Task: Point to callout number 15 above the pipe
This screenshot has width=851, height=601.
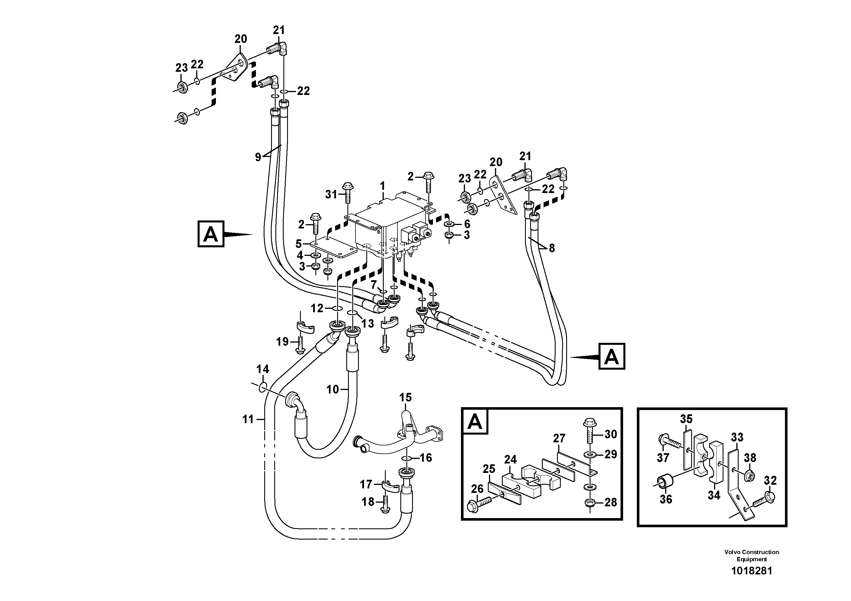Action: pos(405,398)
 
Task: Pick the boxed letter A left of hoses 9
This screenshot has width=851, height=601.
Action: pos(210,234)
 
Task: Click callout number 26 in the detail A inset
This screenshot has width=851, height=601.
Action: pos(477,489)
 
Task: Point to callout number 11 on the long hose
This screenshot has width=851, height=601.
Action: pos(248,419)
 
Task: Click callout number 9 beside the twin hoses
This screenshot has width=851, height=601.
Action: pos(258,157)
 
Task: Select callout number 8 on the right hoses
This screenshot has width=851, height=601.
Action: pos(552,248)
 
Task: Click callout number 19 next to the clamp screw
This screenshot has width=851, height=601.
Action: pos(282,341)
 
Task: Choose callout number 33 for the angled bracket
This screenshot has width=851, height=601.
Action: pos(737,437)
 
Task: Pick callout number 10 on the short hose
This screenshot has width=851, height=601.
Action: pos(333,389)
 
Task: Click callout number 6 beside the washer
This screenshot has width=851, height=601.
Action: pos(467,224)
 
